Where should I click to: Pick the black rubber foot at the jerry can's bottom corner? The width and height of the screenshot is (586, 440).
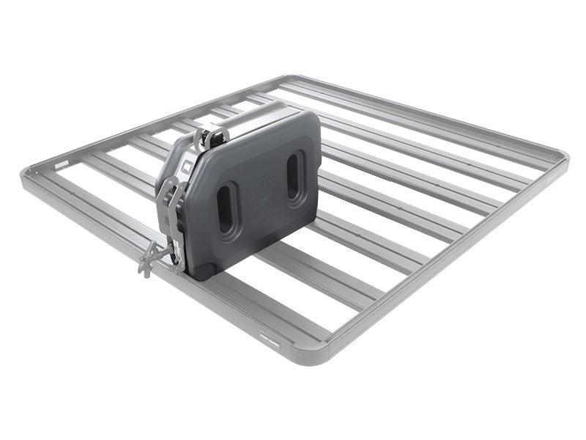click(199, 272)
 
